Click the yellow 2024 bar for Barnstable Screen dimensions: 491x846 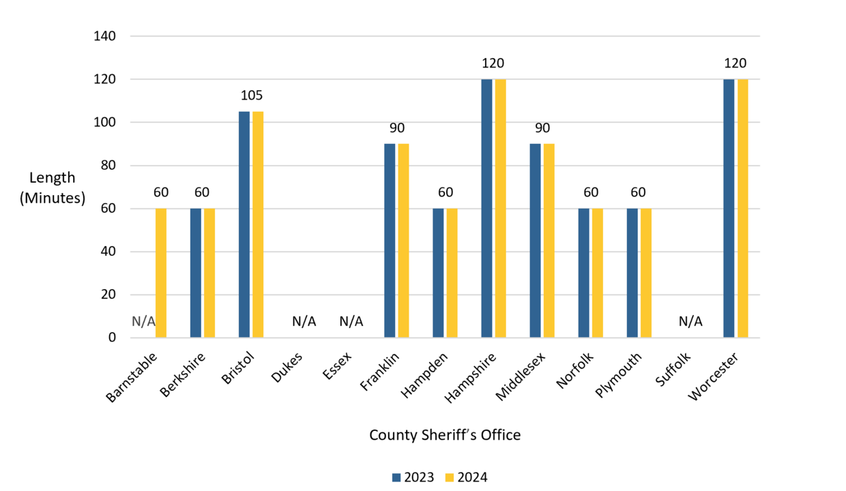click(x=161, y=273)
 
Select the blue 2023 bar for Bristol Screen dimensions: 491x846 click(x=244, y=225)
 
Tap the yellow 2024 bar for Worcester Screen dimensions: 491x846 click(x=742, y=208)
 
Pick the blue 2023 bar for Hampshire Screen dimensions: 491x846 click(x=486, y=208)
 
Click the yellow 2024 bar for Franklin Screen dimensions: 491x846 click(x=403, y=240)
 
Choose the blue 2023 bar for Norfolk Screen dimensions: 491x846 click(x=583, y=273)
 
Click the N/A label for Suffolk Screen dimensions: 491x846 click(x=690, y=321)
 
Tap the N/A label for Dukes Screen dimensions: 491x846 click(x=304, y=321)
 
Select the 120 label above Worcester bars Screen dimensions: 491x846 click(x=735, y=63)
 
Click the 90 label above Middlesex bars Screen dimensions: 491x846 click(x=542, y=128)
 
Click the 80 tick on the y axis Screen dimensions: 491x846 click(x=108, y=166)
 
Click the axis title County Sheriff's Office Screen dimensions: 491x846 click(x=445, y=435)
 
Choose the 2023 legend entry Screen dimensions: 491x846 click(x=413, y=477)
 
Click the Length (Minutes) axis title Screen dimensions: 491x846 click(x=53, y=188)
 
